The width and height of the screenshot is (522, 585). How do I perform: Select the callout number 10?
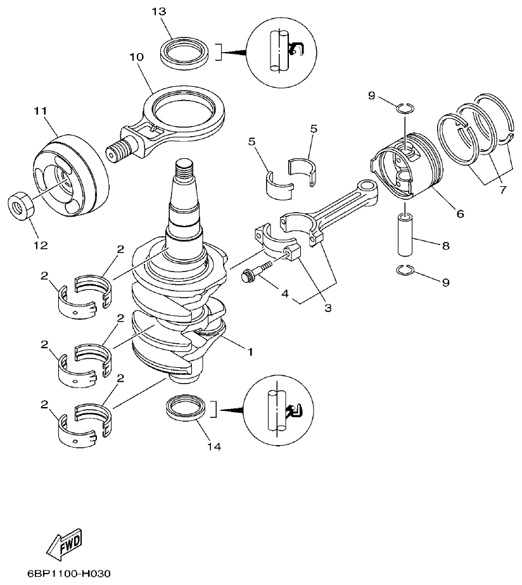pos(136,57)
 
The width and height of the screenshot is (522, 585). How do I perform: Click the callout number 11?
pos(41,111)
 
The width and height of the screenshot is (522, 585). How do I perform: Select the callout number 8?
pos(445,244)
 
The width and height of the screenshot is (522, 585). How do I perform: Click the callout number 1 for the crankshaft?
pos(250,350)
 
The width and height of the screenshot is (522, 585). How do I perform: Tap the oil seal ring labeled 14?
pos(186,408)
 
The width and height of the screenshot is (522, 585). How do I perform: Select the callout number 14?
pos(214,447)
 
